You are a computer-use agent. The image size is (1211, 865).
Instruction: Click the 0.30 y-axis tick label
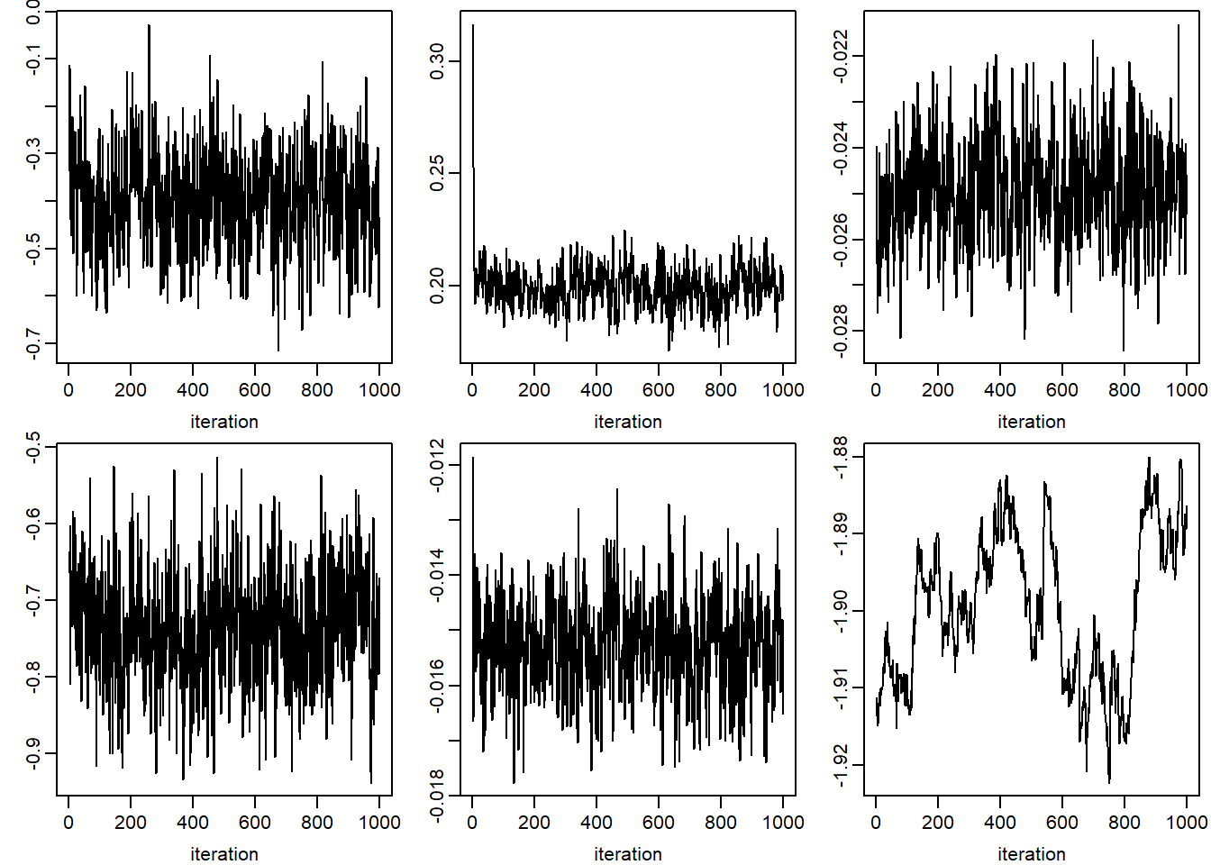pyautogui.click(x=437, y=61)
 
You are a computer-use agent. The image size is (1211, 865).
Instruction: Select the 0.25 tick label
pyautogui.click(x=437, y=173)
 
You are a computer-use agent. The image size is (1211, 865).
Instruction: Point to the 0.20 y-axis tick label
pyautogui.click(x=437, y=286)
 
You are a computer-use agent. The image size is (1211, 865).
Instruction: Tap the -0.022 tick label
pyautogui.click(x=840, y=56)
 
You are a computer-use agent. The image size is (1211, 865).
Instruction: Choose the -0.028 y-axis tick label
pyautogui.click(x=840, y=332)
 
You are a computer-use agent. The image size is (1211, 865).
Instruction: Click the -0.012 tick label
pyautogui.click(x=437, y=464)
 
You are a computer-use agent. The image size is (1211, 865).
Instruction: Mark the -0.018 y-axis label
pyautogui.click(x=437, y=796)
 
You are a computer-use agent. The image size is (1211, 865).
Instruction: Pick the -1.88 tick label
pyautogui.click(x=840, y=458)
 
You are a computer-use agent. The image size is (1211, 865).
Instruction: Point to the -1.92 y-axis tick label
pyautogui.click(x=840, y=765)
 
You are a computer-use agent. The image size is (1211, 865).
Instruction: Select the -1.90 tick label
pyautogui.click(x=840, y=612)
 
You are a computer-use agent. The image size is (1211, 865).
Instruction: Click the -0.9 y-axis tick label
pyautogui.click(x=33, y=753)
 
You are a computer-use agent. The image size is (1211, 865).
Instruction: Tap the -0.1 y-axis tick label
pyautogui.click(x=33, y=59)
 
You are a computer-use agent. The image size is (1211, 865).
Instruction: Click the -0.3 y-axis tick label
pyautogui.click(x=33, y=154)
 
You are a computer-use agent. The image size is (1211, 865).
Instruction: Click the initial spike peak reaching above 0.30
pyautogui.click(x=473, y=25)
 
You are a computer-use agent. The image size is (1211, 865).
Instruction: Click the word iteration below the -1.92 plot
pyautogui.click(x=1031, y=853)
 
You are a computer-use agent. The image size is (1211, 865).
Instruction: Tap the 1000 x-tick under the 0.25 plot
pyautogui.click(x=783, y=390)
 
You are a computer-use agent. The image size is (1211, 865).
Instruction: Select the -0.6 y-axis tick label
pyautogui.click(x=33, y=524)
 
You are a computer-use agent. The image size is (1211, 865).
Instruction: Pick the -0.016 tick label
pyautogui.click(x=437, y=686)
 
